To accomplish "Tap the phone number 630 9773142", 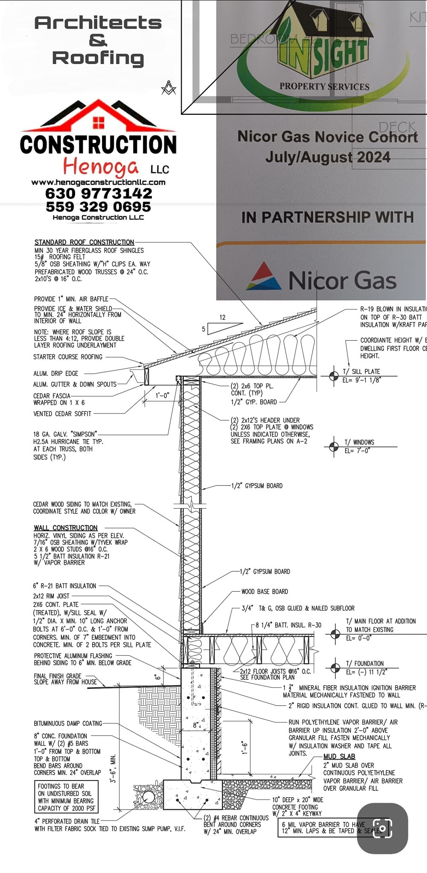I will (x=99, y=194).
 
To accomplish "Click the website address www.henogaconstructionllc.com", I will (x=98, y=182).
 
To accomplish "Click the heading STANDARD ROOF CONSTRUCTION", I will (x=84, y=242).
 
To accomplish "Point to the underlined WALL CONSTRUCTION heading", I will (x=66, y=528).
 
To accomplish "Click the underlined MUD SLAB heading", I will (x=339, y=757).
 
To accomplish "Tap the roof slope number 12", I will (x=222, y=318).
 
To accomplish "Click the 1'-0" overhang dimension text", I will (x=162, y=396).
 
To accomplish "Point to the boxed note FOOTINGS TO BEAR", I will (x=66, y=797).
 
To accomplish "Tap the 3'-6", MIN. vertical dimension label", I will (x=113, y=769).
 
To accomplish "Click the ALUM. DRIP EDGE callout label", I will (x=56, y=373).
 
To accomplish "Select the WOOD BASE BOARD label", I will (x=264, y=592).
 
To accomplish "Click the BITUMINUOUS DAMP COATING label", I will (x=68, y=723).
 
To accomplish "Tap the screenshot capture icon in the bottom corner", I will (x=382, y=828).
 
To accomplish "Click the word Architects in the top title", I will (x=98, y=23).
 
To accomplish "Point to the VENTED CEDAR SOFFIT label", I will (x=62, y=414).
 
